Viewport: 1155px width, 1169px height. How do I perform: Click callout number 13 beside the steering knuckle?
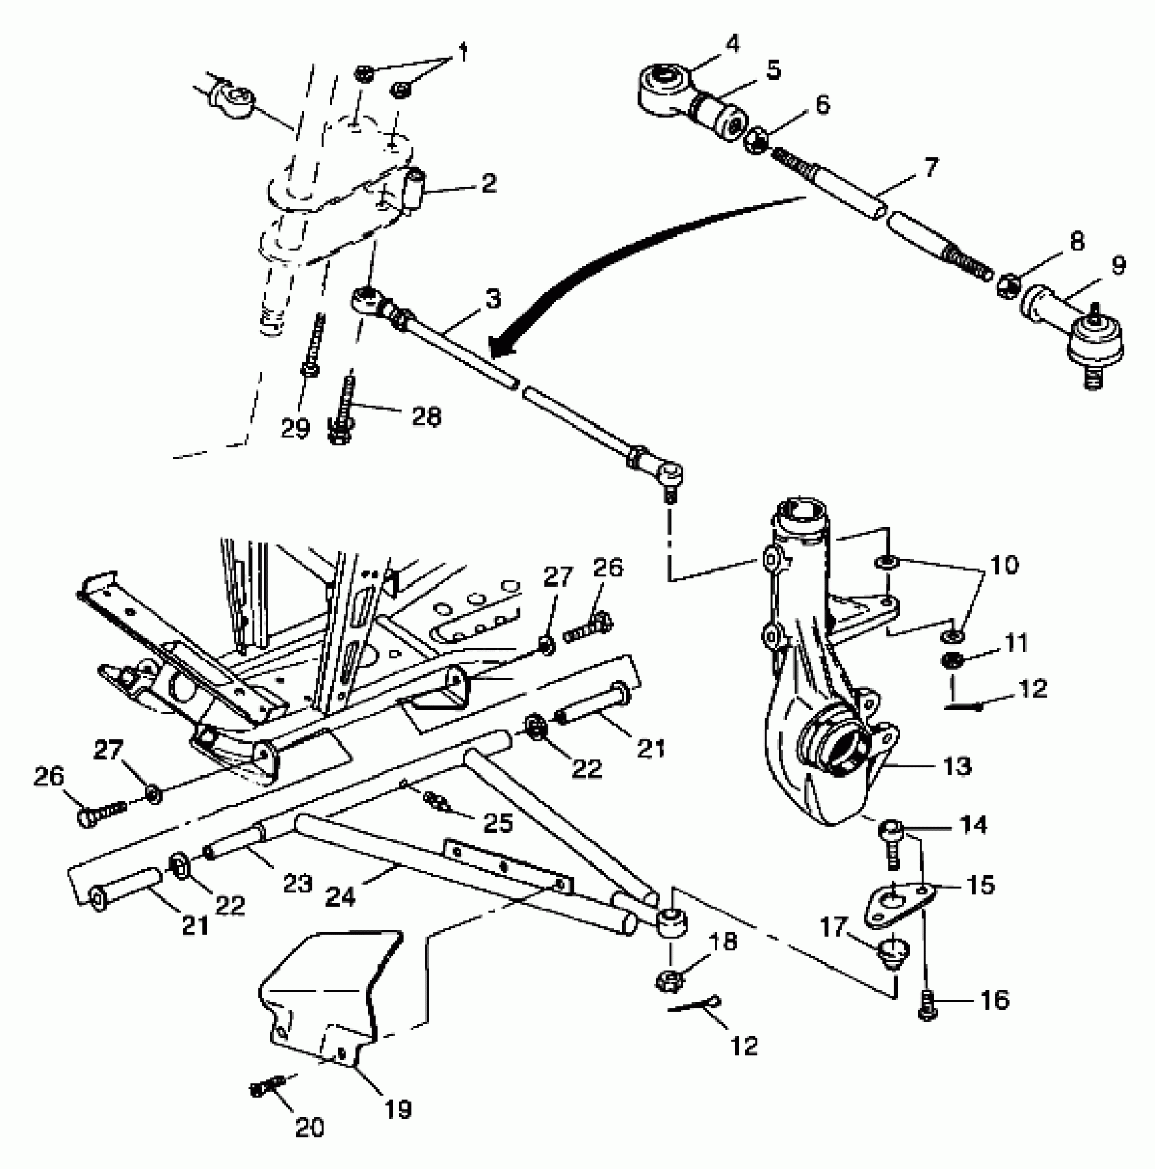tap(957, 766)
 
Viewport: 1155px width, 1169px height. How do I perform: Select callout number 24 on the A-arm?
tap(340, 897)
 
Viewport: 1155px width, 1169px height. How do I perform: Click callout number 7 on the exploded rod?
tap(930, 168)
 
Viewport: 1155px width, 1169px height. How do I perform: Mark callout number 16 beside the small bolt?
tap(994, 1000)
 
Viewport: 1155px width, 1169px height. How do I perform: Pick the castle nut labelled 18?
tap(670, 979)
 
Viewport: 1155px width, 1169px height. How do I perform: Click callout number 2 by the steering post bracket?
tap(488, 184)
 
